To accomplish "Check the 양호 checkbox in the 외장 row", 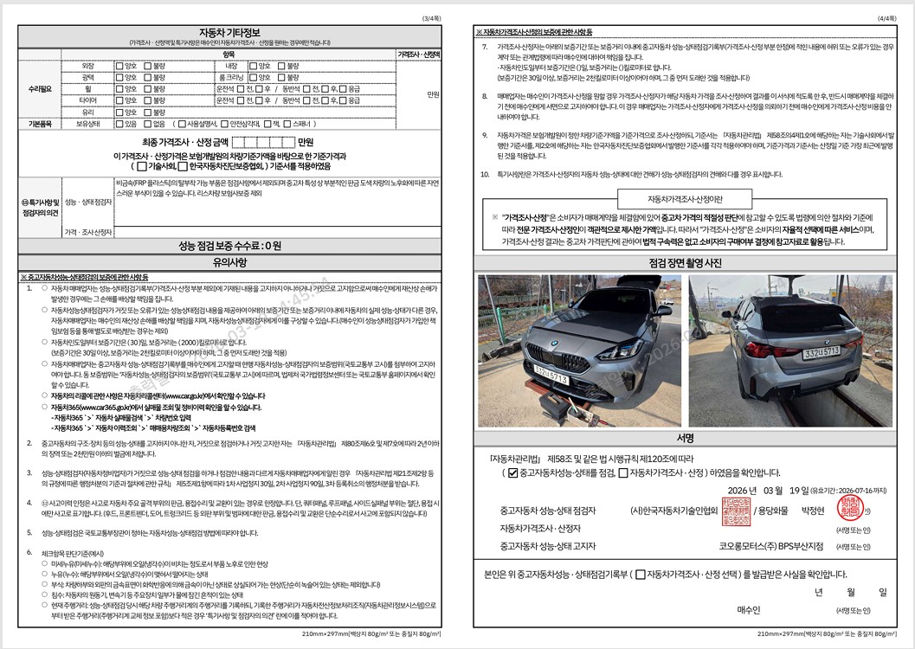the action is (119, 66).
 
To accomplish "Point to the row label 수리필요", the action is (40, 89).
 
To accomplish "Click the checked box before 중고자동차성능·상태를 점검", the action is (512, 473).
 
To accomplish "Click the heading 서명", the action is (686, 438).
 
